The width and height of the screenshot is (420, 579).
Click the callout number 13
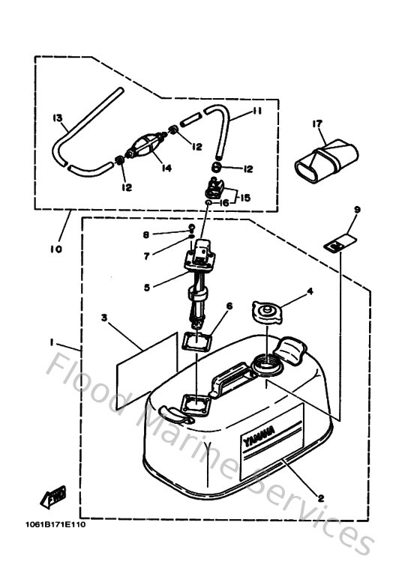coord(57,118)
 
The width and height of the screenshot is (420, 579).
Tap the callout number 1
coord(52,342)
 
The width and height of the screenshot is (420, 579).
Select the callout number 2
coord(322,498)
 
